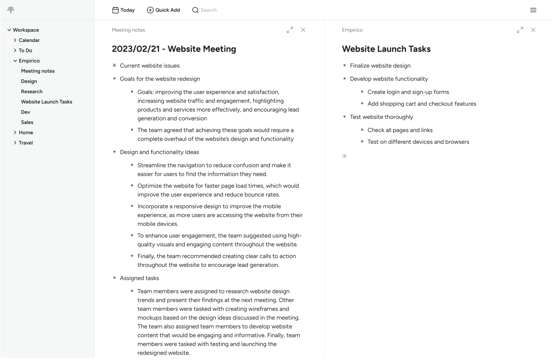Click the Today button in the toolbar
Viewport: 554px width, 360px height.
[123, 10]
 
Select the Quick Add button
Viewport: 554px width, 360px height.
[163, 10]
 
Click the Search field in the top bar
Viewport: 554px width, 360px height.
[209, 10]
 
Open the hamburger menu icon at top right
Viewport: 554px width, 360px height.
[533, 10]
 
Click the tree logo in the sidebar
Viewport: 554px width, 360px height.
[10, 10]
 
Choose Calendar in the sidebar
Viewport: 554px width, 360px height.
[29, 40]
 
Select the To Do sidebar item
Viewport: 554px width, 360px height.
[25, 50]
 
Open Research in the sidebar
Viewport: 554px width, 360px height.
[31, 91]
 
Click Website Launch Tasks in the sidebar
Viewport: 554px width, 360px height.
[46, 102]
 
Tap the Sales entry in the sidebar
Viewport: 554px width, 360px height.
[27, 122]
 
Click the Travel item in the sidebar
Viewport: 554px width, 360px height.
[26, 143]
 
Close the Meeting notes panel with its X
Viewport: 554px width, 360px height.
[303, 30]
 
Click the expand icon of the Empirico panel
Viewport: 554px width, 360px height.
[520, 30]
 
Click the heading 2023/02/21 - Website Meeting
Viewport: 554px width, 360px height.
[174, 49]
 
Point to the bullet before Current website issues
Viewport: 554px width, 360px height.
[114, 65]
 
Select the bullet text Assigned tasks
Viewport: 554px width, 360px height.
[139, 278]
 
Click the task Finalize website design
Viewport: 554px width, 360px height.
[380, 65]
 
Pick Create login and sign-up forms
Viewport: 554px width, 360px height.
[408, 92]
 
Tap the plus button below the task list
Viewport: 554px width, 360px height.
[345, 156]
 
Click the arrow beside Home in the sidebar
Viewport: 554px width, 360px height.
[15, 133]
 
